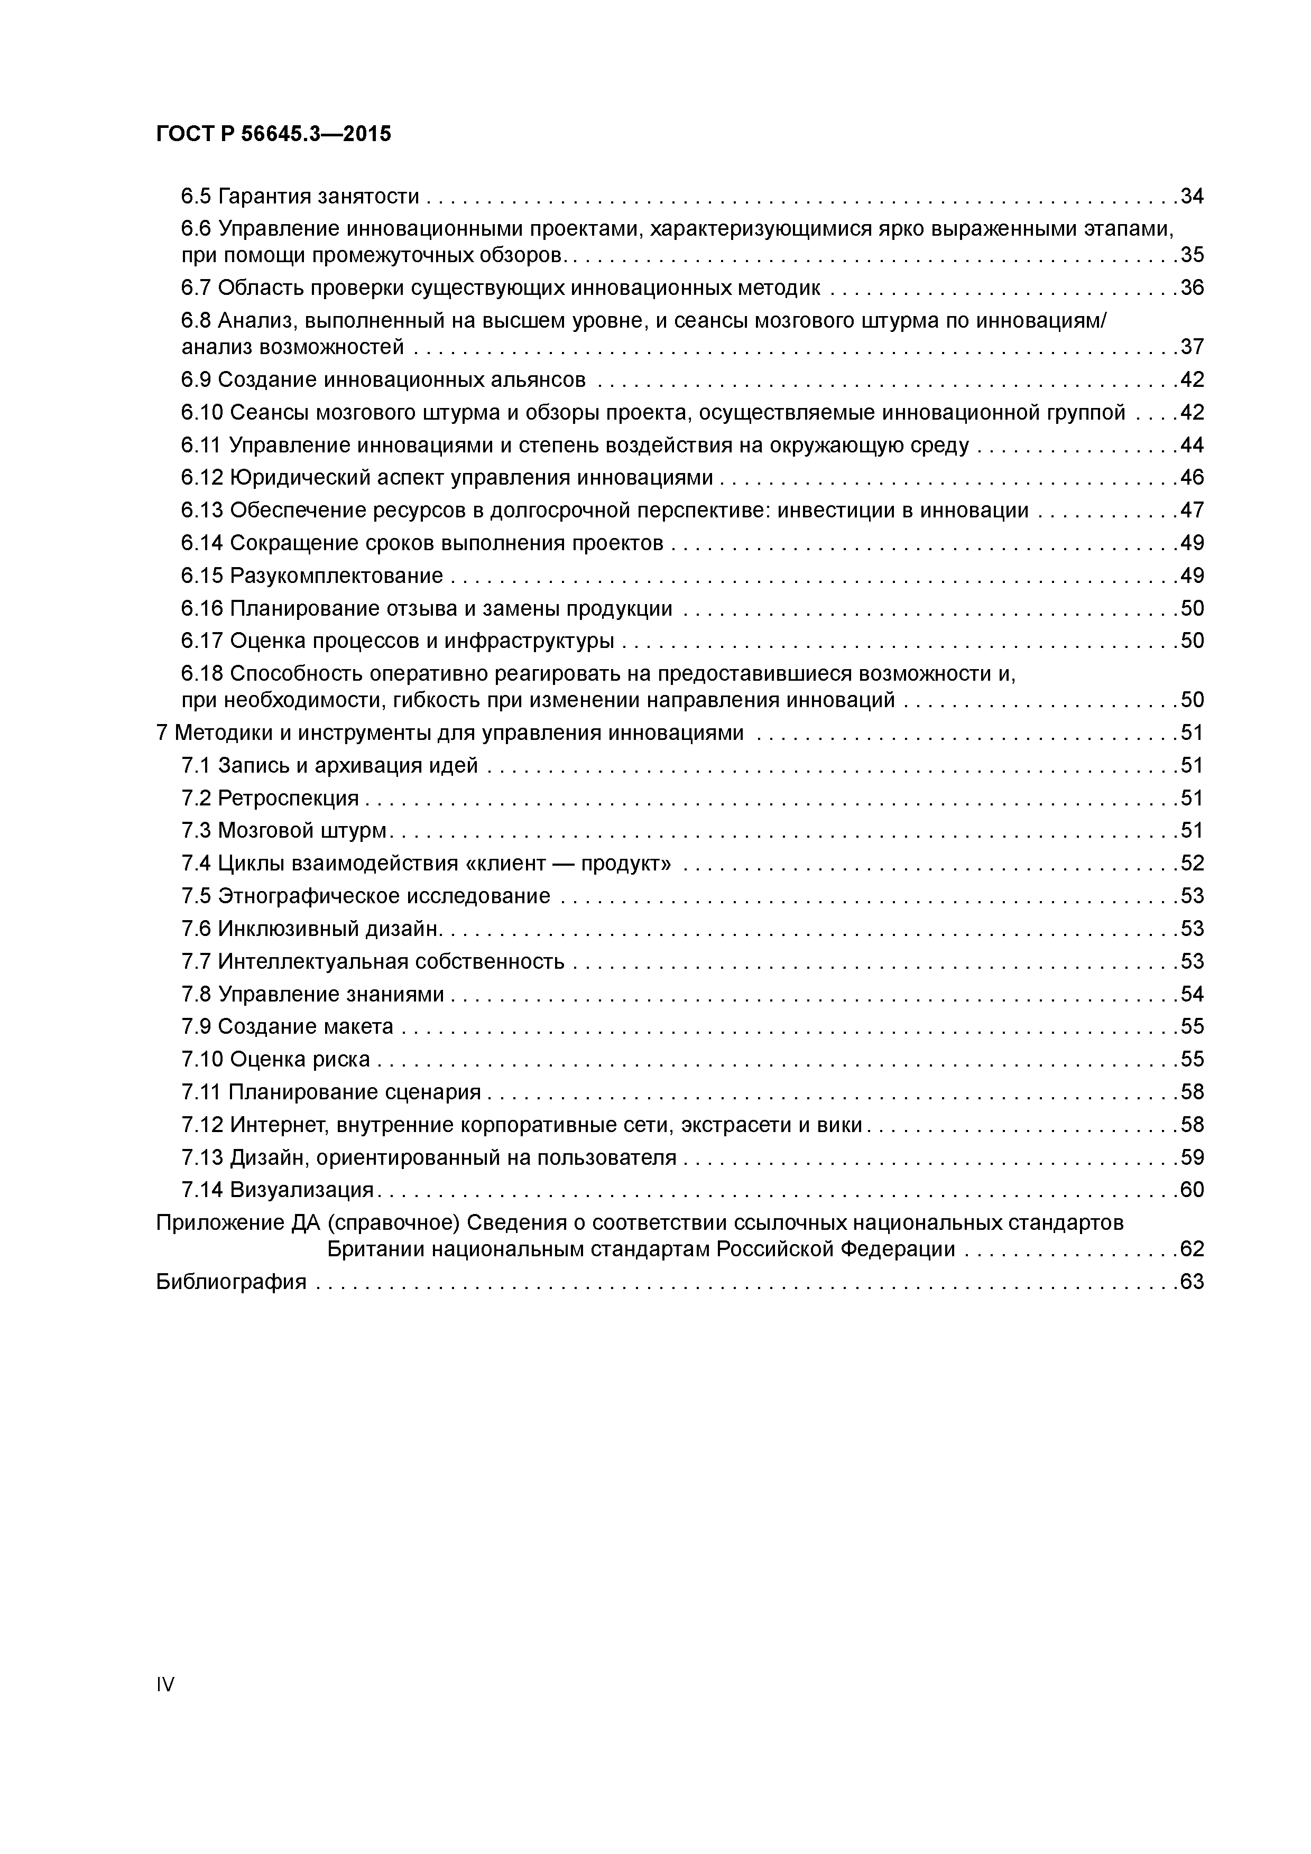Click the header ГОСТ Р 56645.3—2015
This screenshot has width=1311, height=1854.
tap(273, 134)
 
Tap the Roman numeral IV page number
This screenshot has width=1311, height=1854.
tap(165, 1684)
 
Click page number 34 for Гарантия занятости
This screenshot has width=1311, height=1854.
tap(1192, 196)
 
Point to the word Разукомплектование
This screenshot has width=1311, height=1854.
tap(336, 576)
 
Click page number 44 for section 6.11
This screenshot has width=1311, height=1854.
tap(1192, 445)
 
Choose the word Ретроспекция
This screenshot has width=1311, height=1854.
tap(289, 799)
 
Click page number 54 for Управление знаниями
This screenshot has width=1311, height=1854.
tap(1192, 994)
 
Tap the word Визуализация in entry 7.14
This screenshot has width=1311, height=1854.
tap(301, 1190)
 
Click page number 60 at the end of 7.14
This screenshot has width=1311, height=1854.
tap(1192, 1190)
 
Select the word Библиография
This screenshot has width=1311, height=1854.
tap(231, 1282)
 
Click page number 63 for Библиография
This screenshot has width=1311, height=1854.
tap(1192, 1282)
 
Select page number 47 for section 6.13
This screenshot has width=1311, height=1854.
tap(1192, 511)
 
